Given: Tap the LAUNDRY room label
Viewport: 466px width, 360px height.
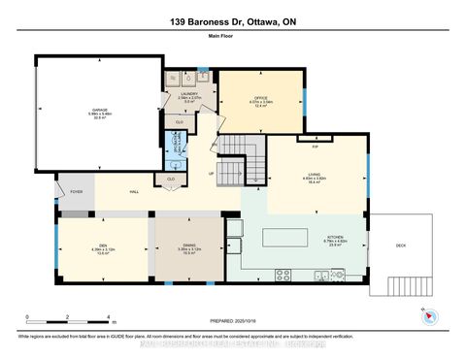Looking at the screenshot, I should (189, 96).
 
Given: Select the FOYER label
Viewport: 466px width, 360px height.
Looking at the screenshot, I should (76, 192).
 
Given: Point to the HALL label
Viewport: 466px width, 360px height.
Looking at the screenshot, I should (131, 192).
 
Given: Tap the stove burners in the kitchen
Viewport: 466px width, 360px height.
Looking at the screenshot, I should (283, 274).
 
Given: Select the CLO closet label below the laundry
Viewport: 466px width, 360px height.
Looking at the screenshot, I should (177, 121).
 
